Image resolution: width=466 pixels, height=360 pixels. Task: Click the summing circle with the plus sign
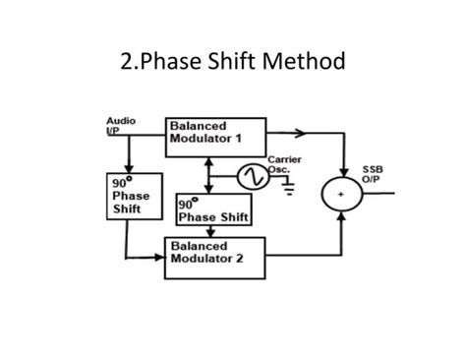341,195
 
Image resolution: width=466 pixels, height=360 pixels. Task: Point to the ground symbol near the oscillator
288,189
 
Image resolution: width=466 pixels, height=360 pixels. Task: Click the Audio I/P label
120,125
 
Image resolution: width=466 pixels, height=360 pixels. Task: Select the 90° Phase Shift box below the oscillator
211,210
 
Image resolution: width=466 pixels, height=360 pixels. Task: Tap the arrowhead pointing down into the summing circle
341,169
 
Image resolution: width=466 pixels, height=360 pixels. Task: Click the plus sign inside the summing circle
341,196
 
